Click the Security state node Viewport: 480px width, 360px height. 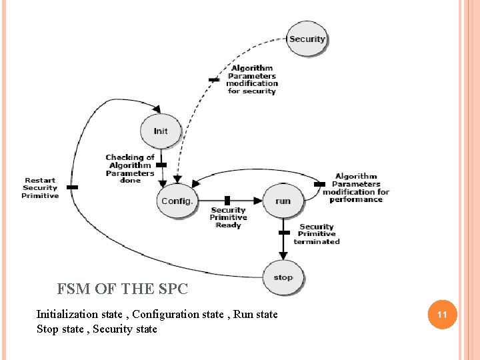coord(307,39)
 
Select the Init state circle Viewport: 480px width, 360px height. coord(160,131)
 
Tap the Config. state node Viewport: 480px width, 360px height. coord(177,201)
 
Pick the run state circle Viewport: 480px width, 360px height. coord(283,201)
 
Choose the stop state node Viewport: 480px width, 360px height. coord(283,277)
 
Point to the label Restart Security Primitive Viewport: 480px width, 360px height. coord(40,188)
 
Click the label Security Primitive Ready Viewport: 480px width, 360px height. coord(228,217)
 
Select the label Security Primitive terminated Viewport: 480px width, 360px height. coord(317,234)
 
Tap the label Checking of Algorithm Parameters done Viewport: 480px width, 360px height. coord(130,169)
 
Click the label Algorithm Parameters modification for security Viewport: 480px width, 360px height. coord(252,79)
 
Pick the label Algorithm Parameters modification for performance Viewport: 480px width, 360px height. coord(356,188)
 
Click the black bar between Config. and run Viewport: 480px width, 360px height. coord(227,200)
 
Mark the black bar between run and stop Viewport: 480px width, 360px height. coord(284,233)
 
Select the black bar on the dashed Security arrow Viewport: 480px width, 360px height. coord(213,79)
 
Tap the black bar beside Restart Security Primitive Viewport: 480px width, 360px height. coord(72,187)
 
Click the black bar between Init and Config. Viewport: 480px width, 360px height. coord(161,165)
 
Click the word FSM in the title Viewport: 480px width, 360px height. coord(71,289)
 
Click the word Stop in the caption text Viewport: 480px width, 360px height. coord(48,329)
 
